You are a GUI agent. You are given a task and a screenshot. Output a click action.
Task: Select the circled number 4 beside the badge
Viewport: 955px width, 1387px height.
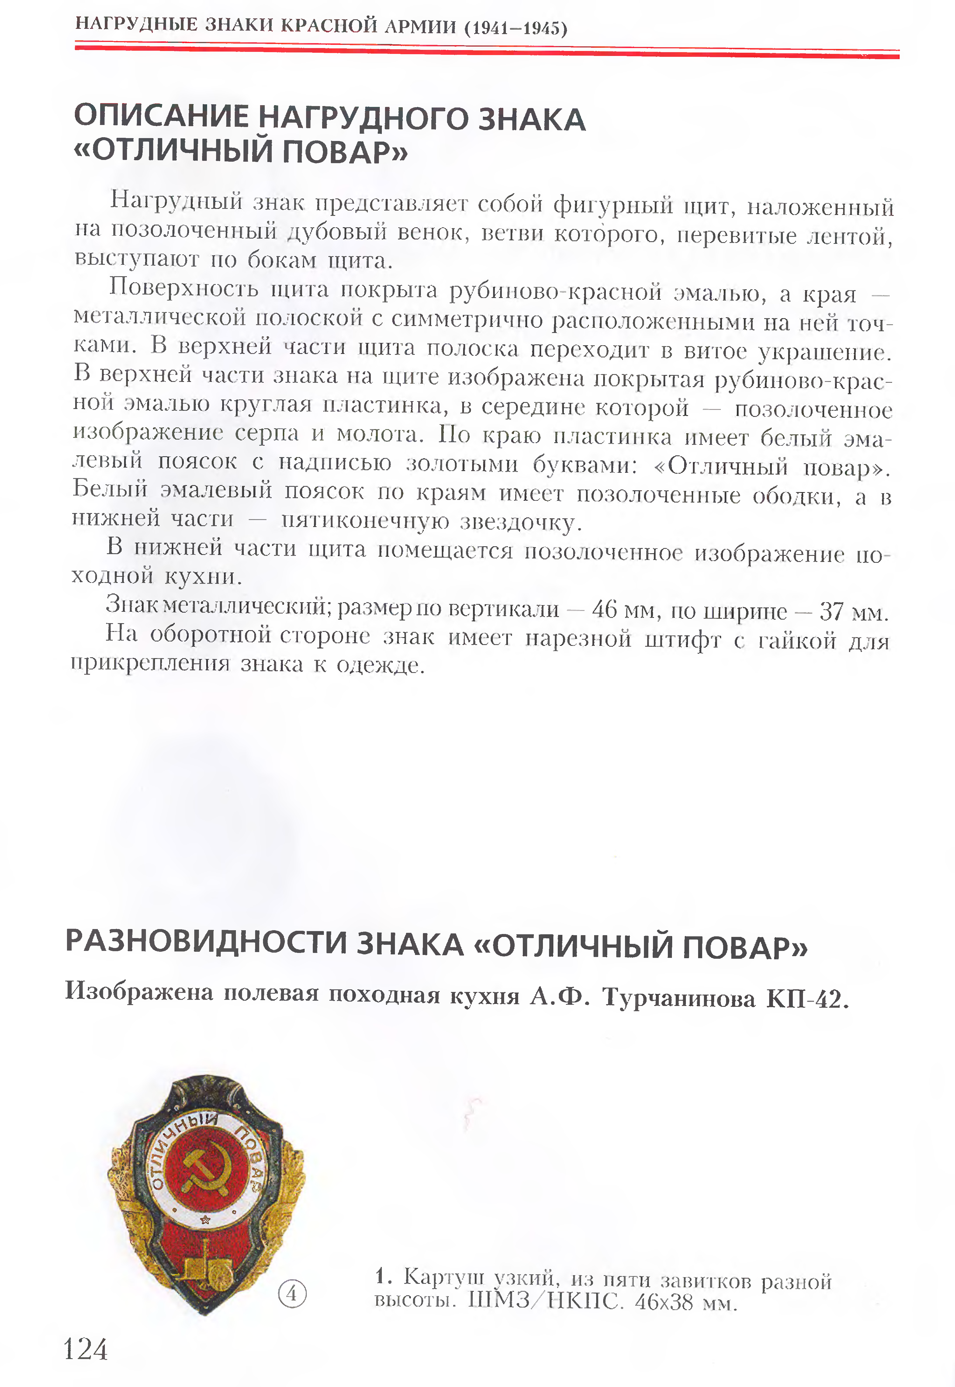pos(292,1294)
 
